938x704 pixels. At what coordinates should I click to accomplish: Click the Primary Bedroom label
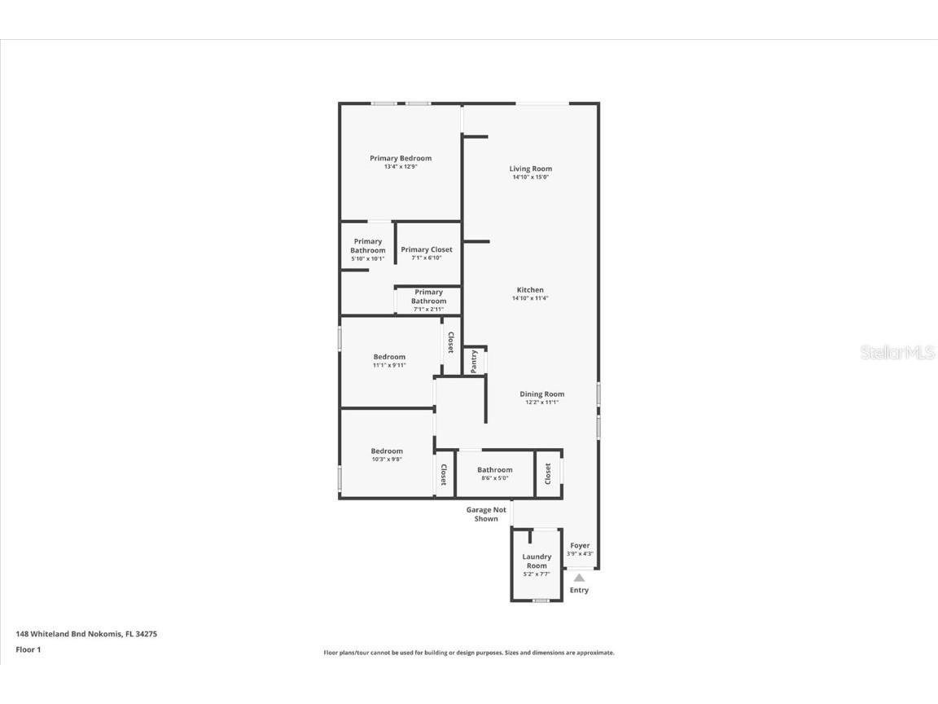[x=401, y=158]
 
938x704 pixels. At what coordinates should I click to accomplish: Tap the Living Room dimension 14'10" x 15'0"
[x=531, y=177]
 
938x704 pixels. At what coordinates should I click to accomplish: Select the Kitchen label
[x=530, y=290]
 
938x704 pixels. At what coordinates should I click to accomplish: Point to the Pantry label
[x=474, y=361]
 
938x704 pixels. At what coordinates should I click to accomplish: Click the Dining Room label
[x=542, y=394]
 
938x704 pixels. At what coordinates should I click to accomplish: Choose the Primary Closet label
[x=427, y=250]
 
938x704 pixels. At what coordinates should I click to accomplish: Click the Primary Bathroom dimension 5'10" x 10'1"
[x=368, y=258]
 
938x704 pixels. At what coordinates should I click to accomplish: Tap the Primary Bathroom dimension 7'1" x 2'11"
[x=428, y=310]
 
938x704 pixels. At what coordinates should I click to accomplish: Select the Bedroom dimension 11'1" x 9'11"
[x=389, y=365]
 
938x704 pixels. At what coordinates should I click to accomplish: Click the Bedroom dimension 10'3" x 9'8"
[x=387, y=460]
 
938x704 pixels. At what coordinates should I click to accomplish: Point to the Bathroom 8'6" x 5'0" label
[x=495, y=470]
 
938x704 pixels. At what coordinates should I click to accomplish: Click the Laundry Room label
[x=537, y=561]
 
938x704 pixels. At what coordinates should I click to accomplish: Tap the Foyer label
[x=580, y=546]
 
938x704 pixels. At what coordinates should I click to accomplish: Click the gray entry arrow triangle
[x=579, y=578]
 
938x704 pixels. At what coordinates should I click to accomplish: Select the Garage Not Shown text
[x=486, y=514]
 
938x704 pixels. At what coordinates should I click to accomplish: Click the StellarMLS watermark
[x=896, y=353]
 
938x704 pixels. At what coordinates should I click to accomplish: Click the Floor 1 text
[x=28, y=649]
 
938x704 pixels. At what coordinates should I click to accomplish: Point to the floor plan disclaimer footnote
[x=469, y=653]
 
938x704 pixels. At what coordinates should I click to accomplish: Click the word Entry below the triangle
[x=579, y=590]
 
